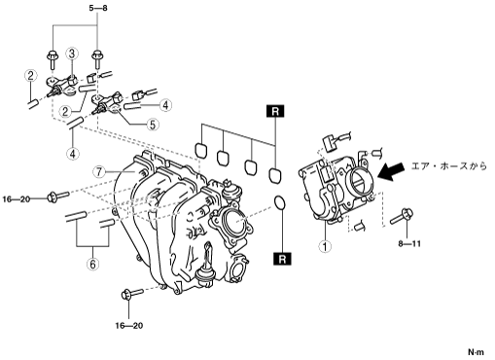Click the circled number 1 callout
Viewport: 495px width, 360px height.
point(325,246)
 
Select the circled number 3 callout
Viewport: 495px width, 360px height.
point(72,54)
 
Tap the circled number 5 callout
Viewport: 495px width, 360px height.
point(153,125)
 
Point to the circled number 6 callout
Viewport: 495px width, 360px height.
point(92,265)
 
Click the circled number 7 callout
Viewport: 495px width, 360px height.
point(98,171)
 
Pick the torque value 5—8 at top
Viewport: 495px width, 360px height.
point(98,8)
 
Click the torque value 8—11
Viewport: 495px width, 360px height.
point(409,243)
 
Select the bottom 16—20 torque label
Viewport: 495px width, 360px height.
point(129,325)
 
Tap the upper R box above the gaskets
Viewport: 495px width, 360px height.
point(275,111)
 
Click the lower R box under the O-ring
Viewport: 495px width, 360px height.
point(282,259)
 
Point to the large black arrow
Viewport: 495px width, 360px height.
point(391,171)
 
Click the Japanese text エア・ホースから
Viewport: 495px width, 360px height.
point(449,166)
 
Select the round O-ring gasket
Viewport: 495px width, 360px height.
point(279,203)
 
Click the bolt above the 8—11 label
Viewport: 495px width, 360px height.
point(402,217)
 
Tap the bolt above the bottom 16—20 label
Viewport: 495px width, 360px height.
point(132,294)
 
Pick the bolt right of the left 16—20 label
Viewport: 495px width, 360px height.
point(58,197)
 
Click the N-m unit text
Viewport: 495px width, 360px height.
point(476,352)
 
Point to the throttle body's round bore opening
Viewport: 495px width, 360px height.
point(360,180)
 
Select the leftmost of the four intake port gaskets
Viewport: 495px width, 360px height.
point(201,150)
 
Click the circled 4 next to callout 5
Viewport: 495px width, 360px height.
point(165,105)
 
